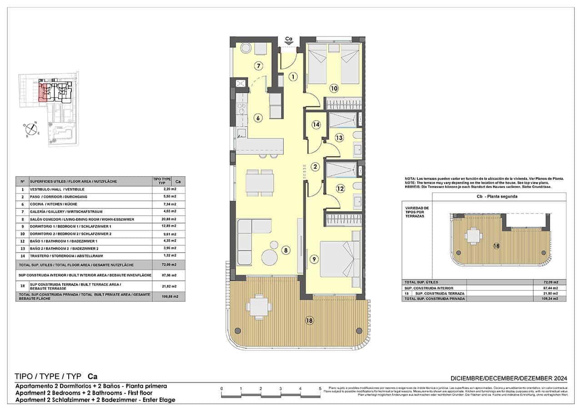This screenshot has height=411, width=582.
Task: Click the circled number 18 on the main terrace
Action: tap(310, 320)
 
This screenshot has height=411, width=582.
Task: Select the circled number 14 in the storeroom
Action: tap(316, 125)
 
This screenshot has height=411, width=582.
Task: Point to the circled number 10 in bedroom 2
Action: tap(334, 88)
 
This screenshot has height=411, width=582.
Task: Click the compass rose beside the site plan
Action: tap(31, 129)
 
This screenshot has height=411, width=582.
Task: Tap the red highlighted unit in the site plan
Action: tap(44, 92)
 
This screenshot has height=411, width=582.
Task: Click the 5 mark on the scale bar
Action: tap(320, 389)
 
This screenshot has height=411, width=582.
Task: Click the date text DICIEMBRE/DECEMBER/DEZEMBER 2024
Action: tap(508, 378)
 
